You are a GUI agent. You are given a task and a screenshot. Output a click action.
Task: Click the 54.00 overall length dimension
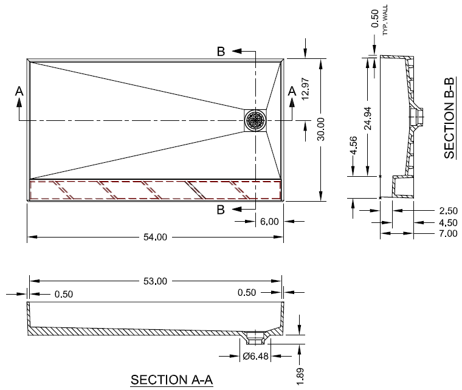coord(154,237)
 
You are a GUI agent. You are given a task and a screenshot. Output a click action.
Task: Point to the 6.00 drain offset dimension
coord(269,222)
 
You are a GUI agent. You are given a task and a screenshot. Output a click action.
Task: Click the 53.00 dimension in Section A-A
coord(155,281)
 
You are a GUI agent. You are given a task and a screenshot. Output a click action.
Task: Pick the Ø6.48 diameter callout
coord(255,355)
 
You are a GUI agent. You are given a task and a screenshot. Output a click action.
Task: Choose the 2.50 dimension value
coord(447,211)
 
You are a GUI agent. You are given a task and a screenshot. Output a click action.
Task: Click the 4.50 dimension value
coord(447,222)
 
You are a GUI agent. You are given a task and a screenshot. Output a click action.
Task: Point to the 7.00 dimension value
coord(447,233)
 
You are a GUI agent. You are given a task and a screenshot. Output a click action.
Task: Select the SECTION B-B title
coord(450,118)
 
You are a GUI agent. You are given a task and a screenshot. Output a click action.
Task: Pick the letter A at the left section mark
coord(19,91)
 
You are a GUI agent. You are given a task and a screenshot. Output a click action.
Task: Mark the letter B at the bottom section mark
coord(221,210)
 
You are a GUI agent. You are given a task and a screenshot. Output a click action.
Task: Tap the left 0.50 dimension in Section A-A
coord(63,295)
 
